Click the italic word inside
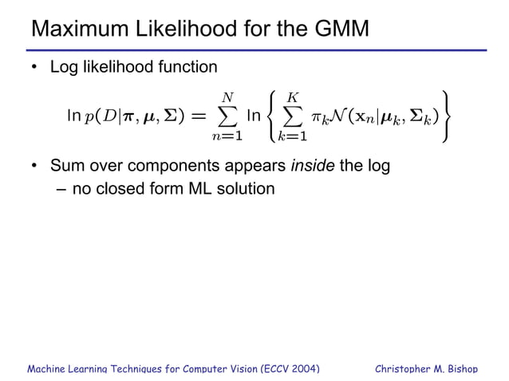pos(314,167)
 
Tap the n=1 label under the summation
pos(227,137)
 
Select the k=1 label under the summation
pos(293,137)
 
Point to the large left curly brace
pos(273,118)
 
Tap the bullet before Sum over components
pos(34,167)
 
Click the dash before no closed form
pos(61,190)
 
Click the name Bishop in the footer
pos(459,369)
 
